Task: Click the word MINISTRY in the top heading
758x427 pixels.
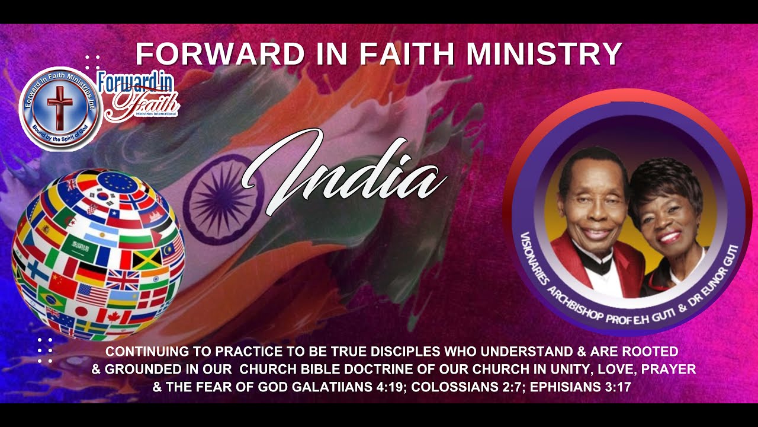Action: tap(544, 54)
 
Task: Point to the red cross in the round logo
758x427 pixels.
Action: tap(59, 106)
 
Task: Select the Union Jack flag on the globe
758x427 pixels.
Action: tap(123, 279)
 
